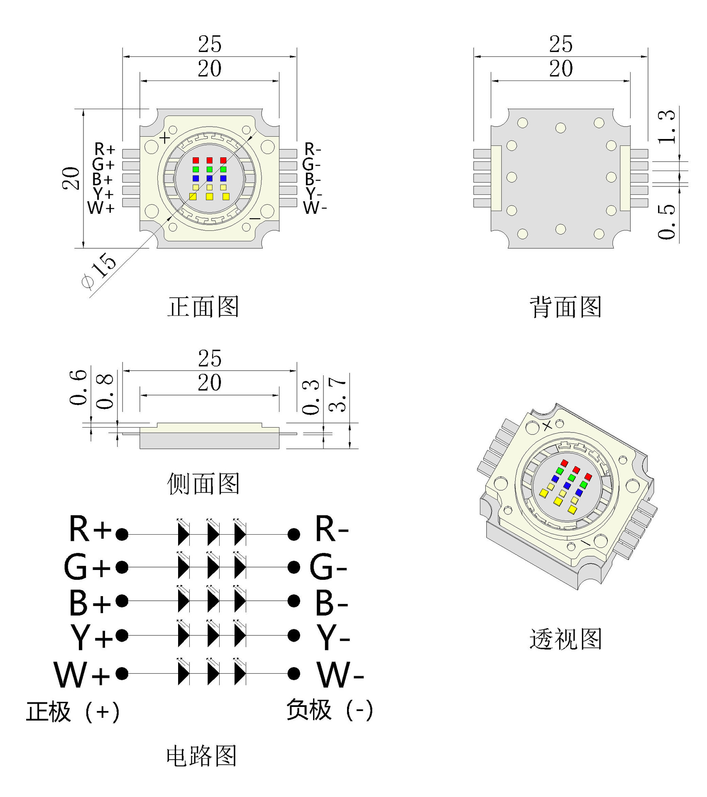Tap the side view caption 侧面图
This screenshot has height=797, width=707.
point(203,483)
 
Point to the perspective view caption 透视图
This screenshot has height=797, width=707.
point(565,638)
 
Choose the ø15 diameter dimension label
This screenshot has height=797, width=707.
point(99,270)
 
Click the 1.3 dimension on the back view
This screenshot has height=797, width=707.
point(667,126)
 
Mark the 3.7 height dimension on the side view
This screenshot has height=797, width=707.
point(337,394)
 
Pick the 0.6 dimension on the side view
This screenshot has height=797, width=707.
point(78,387)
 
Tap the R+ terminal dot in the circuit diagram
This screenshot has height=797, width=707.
point(122,534)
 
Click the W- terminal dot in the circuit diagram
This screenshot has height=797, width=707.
point(294,673)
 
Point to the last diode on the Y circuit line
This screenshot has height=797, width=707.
point(240,635)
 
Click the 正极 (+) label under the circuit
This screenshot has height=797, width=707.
point(73,711)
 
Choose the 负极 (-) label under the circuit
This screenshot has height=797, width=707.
point(330,710)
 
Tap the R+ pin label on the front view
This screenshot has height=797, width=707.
point(104,149)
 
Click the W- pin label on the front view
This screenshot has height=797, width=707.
point(314,208)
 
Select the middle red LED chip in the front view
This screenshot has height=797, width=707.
point(209,160)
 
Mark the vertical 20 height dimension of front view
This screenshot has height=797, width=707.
point(71,178)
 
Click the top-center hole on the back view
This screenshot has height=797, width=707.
point(560,128)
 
